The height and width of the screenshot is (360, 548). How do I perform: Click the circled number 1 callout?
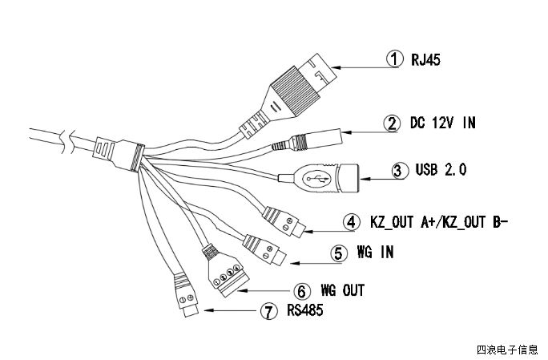393,59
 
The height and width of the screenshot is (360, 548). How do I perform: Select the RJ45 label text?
426,59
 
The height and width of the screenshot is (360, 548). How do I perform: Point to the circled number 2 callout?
391,123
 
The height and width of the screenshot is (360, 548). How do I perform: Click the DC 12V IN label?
441,123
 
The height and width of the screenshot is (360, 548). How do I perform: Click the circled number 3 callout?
398,170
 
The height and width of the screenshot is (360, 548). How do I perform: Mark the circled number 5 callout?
338,253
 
